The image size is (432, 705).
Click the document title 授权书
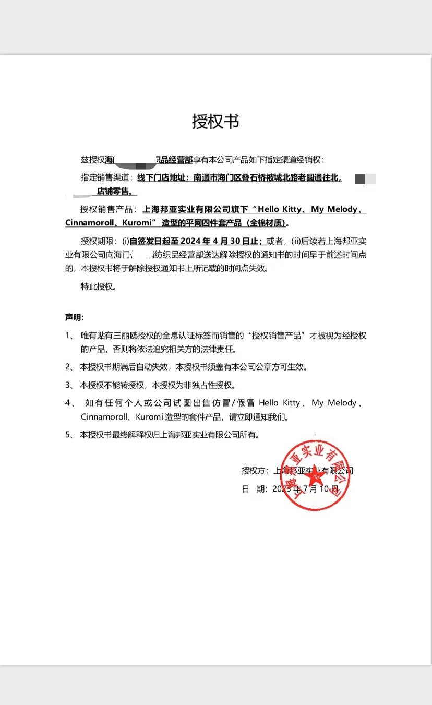215,122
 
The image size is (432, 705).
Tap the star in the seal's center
315,476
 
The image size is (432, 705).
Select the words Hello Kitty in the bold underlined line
279,209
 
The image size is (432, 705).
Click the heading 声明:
75,317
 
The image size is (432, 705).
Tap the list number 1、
70,336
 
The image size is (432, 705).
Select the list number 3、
70,385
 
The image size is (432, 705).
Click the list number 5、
70,434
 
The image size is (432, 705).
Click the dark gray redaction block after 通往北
360,179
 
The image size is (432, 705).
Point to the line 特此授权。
98,286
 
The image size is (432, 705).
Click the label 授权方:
255,471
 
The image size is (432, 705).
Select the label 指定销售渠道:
107,177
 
